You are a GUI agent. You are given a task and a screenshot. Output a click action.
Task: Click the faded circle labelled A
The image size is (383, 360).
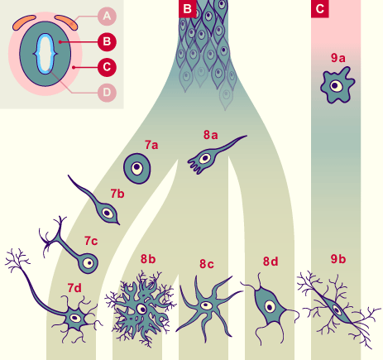point(107,17)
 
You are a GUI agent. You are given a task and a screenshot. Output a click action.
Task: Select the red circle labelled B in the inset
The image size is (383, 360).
point(107,42)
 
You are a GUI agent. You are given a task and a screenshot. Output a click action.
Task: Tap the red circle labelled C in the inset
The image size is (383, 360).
point(107,67)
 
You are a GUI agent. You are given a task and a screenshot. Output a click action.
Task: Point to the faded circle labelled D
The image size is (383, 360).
point(107,93)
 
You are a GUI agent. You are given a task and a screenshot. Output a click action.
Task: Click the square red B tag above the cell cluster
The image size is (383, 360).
point(188,8)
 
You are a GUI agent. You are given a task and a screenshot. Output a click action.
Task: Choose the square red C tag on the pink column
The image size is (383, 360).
point(320,8)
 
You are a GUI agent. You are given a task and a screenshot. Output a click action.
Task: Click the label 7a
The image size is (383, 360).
point(151,145)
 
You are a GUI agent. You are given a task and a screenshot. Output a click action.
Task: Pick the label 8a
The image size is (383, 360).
point(211,135)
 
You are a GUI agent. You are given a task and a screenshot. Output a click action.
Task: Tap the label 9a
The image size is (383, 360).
point(338,58)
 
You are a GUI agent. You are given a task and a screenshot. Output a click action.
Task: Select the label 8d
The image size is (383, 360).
point(270,262)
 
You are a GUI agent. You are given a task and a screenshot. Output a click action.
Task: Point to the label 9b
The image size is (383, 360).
point(338,259)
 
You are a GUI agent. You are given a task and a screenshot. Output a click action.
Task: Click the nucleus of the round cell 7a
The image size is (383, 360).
point(136,167)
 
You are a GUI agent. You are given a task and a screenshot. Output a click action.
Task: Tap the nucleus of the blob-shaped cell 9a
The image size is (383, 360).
point(335,86)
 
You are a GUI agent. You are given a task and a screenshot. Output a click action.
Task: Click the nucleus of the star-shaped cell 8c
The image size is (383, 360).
point(206,305)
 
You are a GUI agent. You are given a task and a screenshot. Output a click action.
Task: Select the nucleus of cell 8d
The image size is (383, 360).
point(270,307)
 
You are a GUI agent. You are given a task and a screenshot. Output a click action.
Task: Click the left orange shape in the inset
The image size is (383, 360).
point(24,22)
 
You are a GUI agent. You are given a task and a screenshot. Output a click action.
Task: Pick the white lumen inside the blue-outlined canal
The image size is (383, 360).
point(45,54)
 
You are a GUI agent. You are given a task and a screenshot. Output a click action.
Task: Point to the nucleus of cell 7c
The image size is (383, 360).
point(89,263)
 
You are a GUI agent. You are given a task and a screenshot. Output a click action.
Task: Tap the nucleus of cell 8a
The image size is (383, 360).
point(205,158)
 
